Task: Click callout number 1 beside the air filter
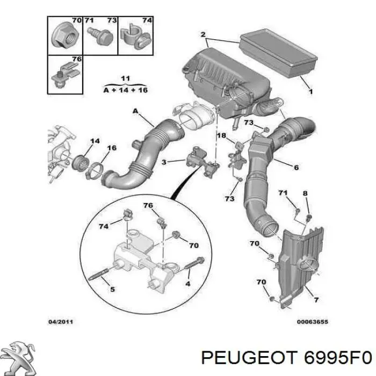click(310, 91)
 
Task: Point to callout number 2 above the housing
click(203, 34)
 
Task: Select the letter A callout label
click(135, 111)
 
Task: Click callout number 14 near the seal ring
click(95, 141)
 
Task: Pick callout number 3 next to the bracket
click(164, 162)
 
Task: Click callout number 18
click(221, 135)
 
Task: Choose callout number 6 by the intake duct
click(297, 168)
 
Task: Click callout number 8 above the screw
click(305, 193)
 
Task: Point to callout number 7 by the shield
click(316, 300)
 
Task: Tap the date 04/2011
click(61, 322)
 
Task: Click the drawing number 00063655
click(313, 322)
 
